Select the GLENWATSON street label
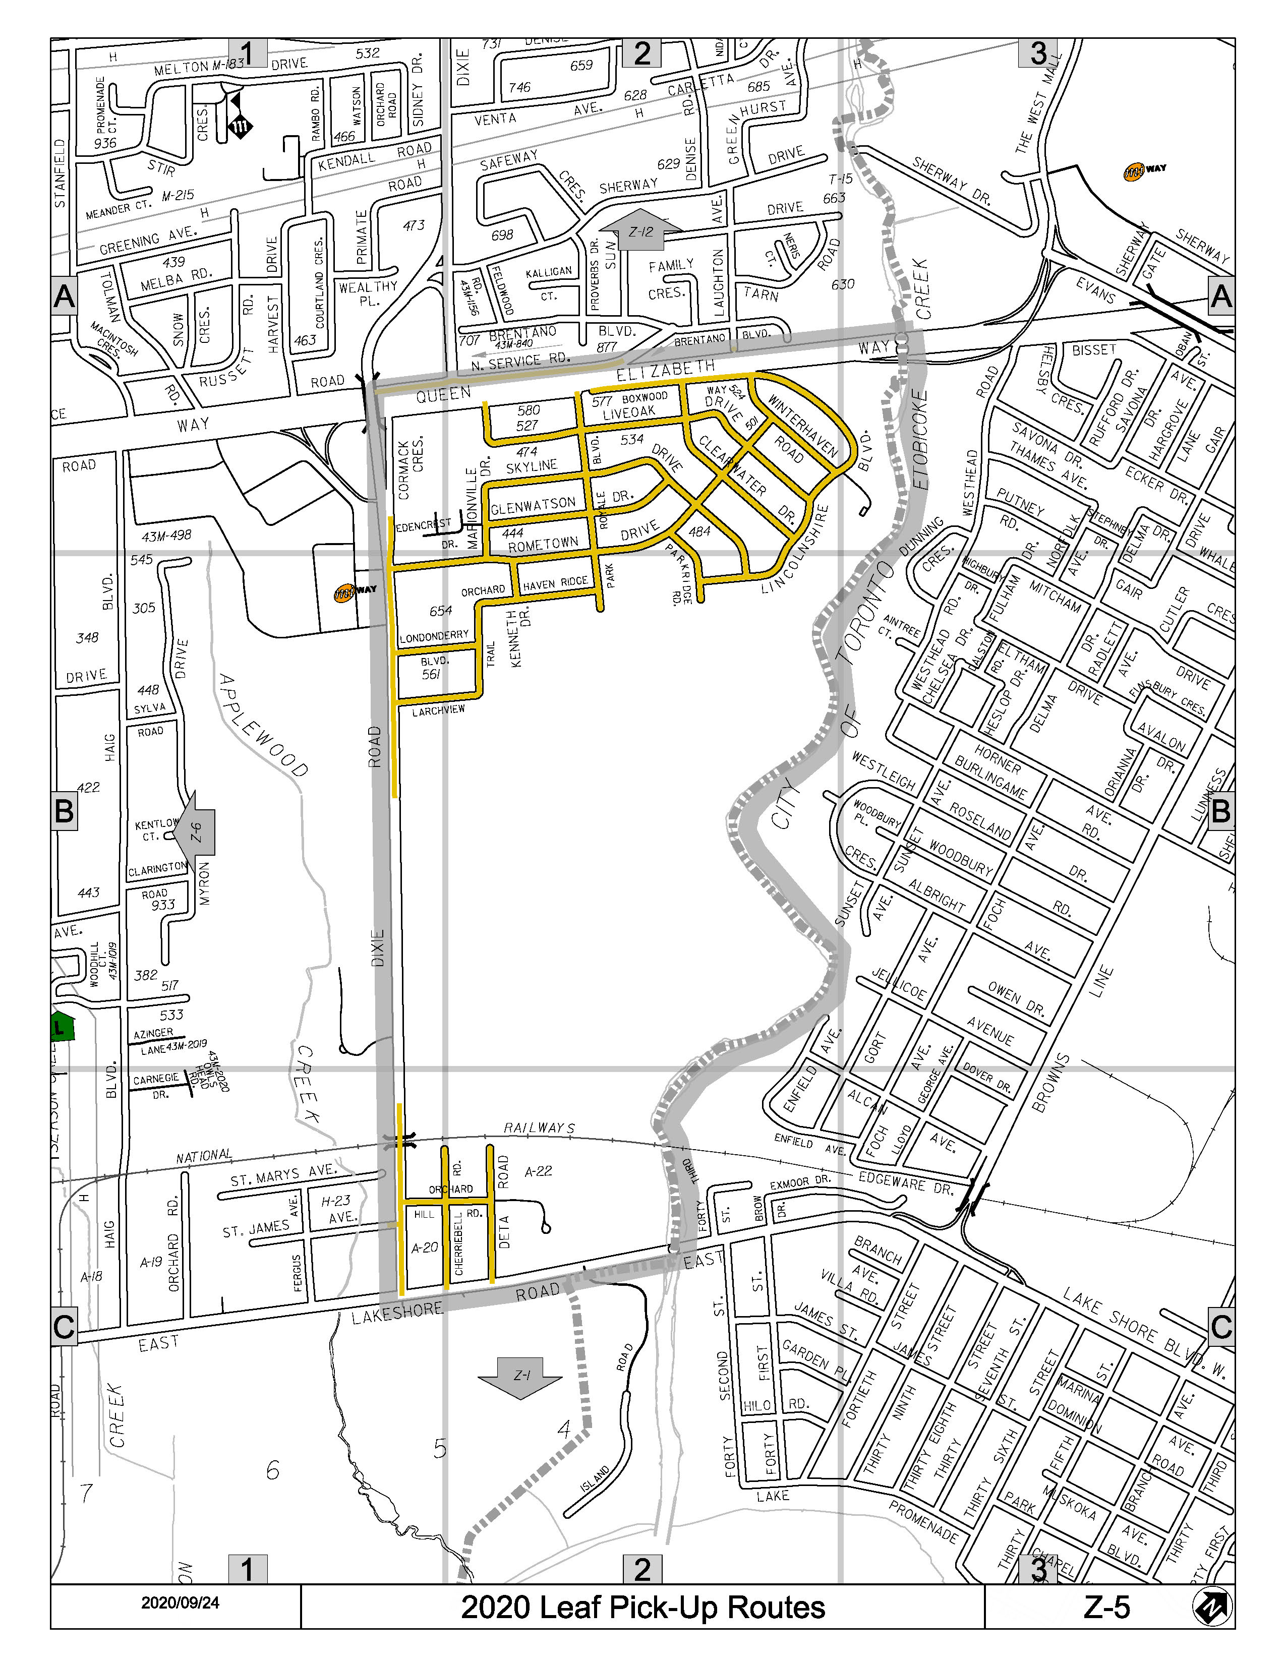(x=533, y=505)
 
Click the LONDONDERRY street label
(x=434, y=635)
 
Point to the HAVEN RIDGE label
(x=555, y=583)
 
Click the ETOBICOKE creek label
(x=920, y=440)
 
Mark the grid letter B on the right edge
(x=1220, y=811)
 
